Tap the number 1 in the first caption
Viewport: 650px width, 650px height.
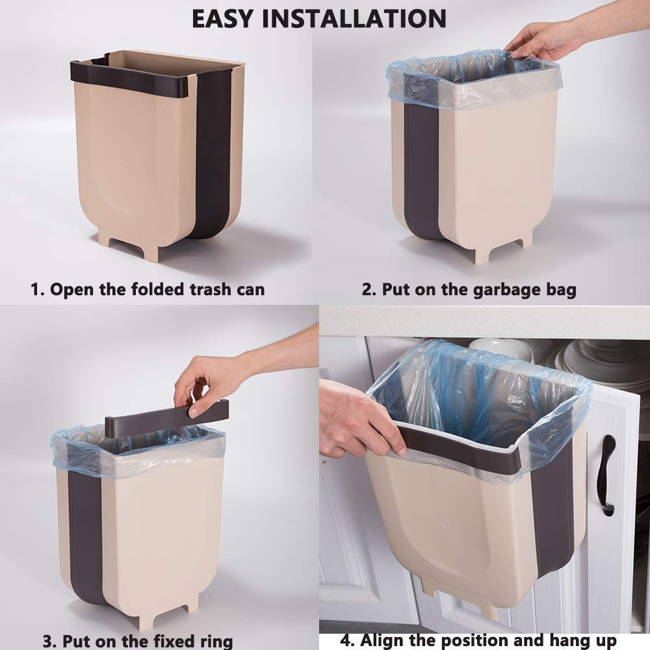click(x=36, y=289)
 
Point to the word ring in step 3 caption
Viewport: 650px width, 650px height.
click(x=214, y=640)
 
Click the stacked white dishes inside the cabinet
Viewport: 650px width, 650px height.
click(x=595, y=361)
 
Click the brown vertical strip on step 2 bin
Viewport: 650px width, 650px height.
click(x=422, y=169)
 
